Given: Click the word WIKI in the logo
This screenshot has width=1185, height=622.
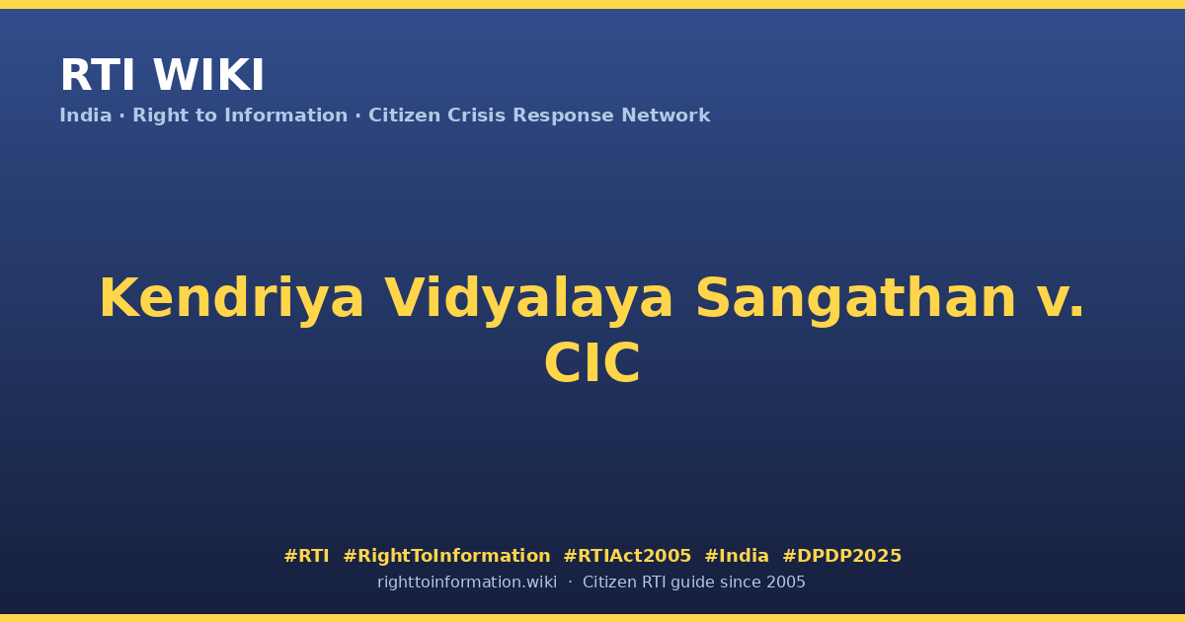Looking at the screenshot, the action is [208, 75].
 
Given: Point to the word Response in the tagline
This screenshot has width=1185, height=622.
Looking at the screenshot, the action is [564, 117].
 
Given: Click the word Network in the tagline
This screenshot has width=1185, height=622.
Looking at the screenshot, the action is [666, 116].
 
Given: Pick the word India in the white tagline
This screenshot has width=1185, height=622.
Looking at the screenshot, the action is [86, 116].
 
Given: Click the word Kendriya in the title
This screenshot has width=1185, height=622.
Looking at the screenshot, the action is [232, 298].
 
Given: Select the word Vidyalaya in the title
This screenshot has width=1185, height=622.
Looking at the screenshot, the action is [528, 298].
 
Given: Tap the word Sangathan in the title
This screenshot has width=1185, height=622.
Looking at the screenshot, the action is [855, 298].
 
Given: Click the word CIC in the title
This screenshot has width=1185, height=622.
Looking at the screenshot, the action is [592, 363].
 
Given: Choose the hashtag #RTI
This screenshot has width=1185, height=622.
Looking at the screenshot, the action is [306, 556].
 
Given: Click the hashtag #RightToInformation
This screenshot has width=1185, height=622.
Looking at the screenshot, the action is [446, 556].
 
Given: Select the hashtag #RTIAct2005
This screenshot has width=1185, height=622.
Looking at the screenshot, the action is [627, 556].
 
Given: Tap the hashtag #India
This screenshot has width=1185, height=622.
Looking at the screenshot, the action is [737, 556].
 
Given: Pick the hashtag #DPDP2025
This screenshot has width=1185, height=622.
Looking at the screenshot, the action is [841, 556].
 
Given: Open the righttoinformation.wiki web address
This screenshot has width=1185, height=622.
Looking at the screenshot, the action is [467, 583].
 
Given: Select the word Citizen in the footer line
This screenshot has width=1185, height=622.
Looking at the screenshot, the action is [609, 583].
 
